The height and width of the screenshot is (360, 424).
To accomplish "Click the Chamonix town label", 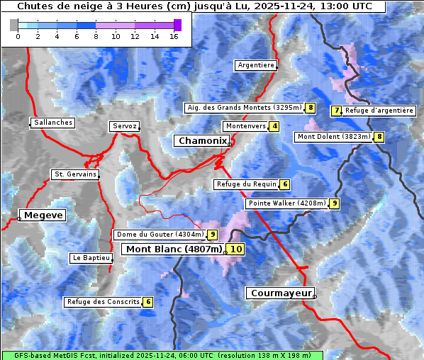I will pyautogui.click(x=203, y=141).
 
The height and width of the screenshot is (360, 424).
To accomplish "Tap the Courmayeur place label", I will pyautogui.click(x=279, y=293).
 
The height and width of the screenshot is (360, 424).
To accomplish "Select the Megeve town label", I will pyautogui.click(x=43, y=215).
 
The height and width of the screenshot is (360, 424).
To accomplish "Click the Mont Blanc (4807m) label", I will pyautogui.click(x=174, y=249).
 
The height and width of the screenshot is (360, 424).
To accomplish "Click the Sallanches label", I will pyautogui.click(x=53, y=123).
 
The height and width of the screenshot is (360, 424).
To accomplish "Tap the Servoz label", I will pyautogui.click(x=124, y=126).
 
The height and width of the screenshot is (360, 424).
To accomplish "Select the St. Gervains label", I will pyautogui.click(x=75, y=174).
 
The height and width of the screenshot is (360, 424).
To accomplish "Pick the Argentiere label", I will pyautogui.click(x=256, y=65).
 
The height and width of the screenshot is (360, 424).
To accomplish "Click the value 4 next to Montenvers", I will pyautogui.click(x=274, y=126).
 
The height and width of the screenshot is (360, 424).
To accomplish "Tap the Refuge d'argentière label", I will pyautogui.click(x=379, y=111).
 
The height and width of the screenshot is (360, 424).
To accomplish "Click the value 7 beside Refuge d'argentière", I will pyautogui.click(x=337, y=111).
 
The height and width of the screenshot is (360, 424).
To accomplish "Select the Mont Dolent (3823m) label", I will pyautogui.click(x=334, y=137).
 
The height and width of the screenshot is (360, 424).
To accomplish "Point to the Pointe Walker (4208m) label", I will pyautogui.click(x=286, y=203).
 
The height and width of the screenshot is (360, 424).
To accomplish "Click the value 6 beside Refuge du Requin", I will pyautogui.click(x=284, y=184).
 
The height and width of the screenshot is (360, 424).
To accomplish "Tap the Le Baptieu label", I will pyautogui.click(x=91, y=258).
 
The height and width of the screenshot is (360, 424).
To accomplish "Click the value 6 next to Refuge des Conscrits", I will pyautogui.click(x=147, y=302).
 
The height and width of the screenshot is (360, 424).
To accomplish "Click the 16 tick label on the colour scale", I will pyautogui.click(x=174, y=36).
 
